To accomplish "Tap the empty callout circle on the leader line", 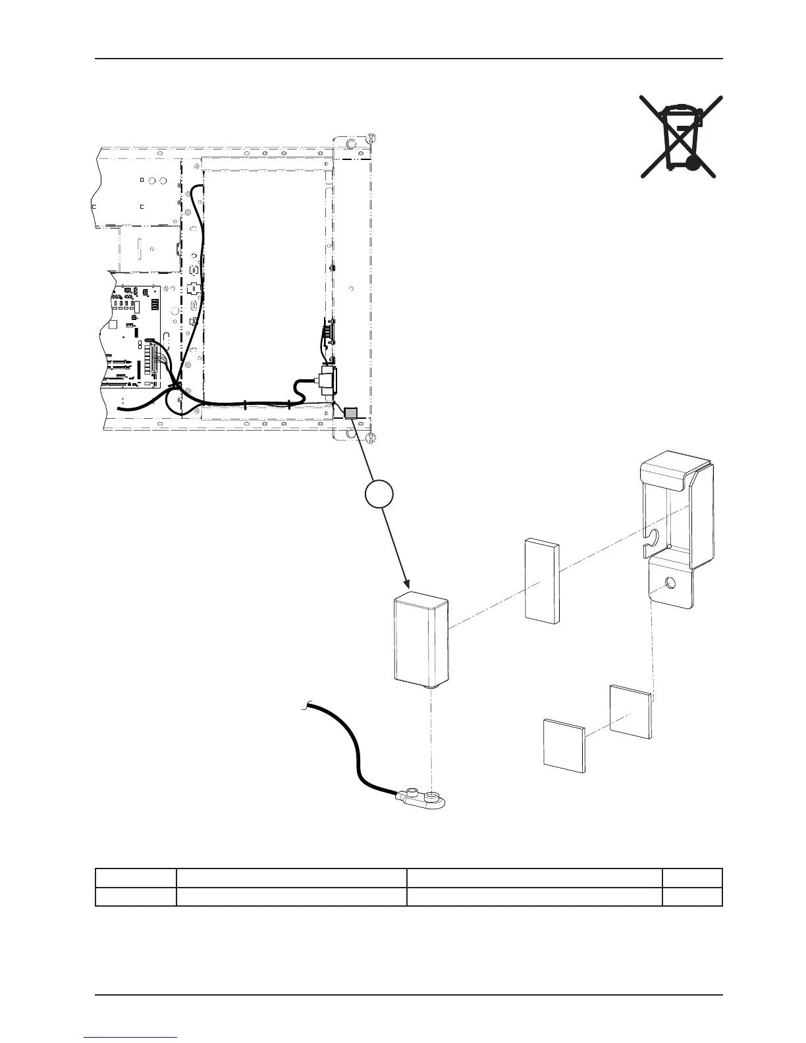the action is point(380,494).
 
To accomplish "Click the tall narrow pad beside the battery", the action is point(541,580).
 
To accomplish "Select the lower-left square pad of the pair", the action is point(564,744).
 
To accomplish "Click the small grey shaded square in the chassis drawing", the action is point(350,413).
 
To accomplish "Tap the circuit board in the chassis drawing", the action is point(134,336).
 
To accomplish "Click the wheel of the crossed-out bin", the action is point(691,163).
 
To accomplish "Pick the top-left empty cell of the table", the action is point(136,878).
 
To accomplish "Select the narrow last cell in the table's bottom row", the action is point(692,896).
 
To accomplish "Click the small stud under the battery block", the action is point(432,685).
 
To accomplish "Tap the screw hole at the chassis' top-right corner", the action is point(371,138).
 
